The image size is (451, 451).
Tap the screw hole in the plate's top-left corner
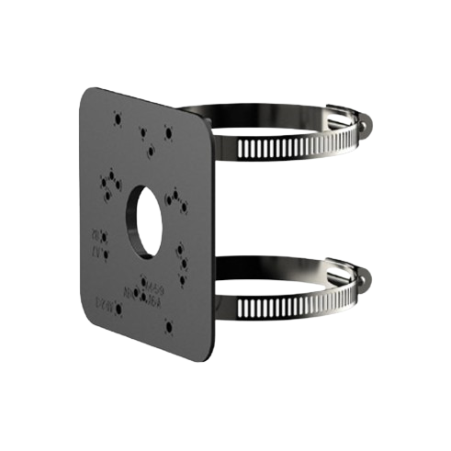(x=118, y=118)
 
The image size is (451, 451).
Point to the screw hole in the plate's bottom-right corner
(x=167, y=324)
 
